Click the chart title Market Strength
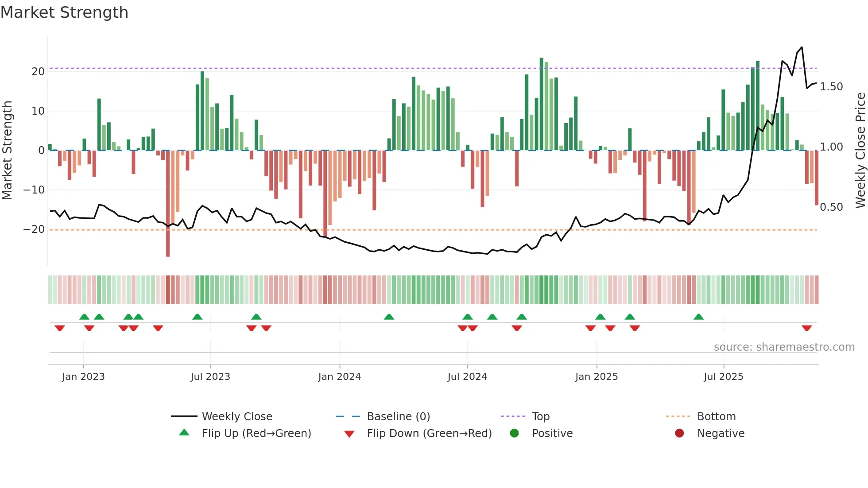coord(64,12)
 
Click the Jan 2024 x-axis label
coord(339,377)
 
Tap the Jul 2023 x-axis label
coord(210,377)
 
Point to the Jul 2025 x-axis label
coord(723,377)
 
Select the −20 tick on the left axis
coord(34,229)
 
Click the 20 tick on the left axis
coord(38,72)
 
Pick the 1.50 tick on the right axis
coord(831,87)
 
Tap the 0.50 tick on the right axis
coord(831,207)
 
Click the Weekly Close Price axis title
coord(860,151)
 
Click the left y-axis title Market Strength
coord(8,151)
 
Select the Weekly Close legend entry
coord(236,417)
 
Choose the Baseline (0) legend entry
coord(398,417)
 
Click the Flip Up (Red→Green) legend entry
coord(256,434)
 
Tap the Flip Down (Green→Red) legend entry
coord(429,434)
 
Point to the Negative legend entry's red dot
coord(679,434)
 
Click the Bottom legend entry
coord(716,417)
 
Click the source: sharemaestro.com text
coord(784,347)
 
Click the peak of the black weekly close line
coord(802,47)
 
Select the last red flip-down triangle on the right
coord(806,328)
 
